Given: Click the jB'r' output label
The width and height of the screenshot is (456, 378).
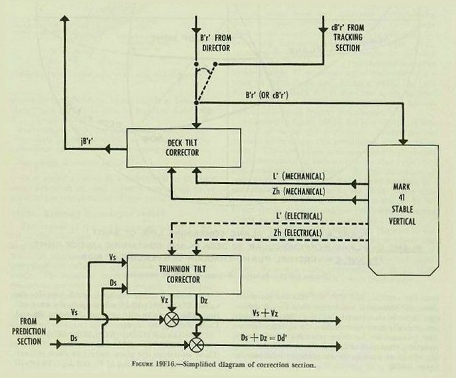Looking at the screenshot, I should coord(87,140).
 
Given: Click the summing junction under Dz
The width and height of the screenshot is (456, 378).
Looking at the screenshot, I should coord(196,344).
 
